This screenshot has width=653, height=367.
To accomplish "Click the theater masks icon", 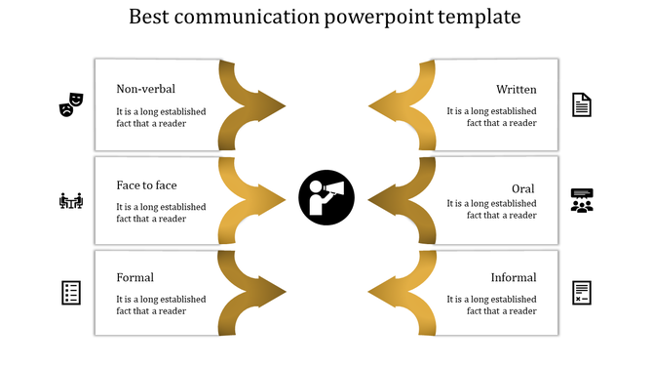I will point(71,103).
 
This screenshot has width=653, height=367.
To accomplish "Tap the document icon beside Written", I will point(581,103).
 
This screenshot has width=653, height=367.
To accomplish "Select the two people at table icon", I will point(71,200).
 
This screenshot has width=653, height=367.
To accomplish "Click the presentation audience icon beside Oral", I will point(582,200).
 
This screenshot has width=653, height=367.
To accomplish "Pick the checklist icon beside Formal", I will point(71,292).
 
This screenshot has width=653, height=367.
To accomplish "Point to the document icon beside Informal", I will point(582,292).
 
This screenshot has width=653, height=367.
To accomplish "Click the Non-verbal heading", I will point(145,90).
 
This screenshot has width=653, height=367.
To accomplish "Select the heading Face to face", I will point(146,185).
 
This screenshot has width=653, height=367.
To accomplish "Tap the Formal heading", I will point(134,278).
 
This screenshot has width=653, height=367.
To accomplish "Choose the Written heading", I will point(516,90).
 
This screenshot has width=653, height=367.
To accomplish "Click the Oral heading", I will point(523,187).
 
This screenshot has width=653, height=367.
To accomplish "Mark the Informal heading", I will point(513,278).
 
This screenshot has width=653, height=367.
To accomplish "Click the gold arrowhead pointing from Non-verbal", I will point(270,103).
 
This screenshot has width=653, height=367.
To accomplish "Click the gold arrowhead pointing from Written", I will point(383,103).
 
